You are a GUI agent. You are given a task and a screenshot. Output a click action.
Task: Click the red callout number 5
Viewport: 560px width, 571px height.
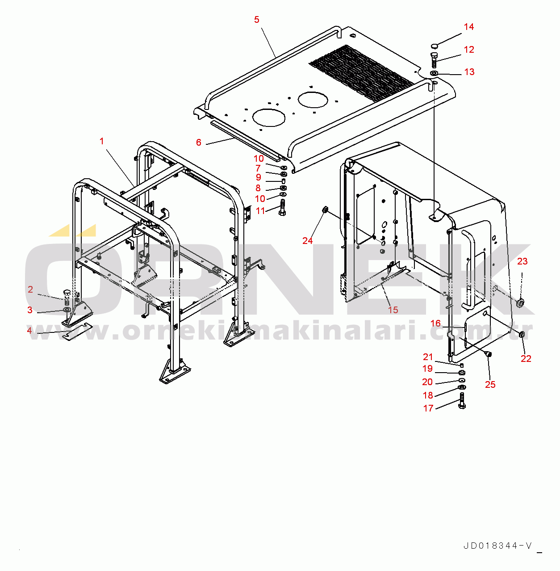(x=257, y=20)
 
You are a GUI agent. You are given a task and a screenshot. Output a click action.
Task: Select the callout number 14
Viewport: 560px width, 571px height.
(x=469, y=27)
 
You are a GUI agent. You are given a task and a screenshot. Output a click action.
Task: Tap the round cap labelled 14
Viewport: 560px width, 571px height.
(x=435, y=46)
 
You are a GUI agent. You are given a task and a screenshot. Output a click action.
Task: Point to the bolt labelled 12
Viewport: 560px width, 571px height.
(x=433, y=60)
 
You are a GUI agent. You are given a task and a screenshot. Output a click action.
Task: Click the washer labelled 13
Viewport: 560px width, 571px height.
(x=434, y=73)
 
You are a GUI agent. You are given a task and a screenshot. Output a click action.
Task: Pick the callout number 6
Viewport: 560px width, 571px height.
(x=199, y=143)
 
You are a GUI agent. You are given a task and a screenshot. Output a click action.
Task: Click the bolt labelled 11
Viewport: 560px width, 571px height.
(x=282, y=208)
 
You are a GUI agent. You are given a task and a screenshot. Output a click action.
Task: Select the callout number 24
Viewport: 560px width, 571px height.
(x=308, y=241)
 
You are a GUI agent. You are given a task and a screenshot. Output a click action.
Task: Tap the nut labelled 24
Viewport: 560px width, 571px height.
(x=325, y=210)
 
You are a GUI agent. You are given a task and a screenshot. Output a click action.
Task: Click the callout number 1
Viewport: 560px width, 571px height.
(x=102, y=141)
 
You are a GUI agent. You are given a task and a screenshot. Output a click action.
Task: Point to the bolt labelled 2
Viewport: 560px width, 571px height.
(x=67, y=298)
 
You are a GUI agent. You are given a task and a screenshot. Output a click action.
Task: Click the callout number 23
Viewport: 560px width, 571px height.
(x=522, y=261)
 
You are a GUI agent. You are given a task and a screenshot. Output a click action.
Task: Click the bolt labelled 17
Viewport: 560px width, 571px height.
(x=462, y=401)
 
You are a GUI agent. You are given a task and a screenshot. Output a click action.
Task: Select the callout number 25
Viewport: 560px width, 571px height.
(x=490, y=385)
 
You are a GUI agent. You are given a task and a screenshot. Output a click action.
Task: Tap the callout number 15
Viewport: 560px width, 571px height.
(x=393, y=310)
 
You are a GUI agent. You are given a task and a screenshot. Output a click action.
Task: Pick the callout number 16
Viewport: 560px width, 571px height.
(x=435, y=323)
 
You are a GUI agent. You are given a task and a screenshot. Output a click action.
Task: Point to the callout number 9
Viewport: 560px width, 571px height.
(x=259, y=177)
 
